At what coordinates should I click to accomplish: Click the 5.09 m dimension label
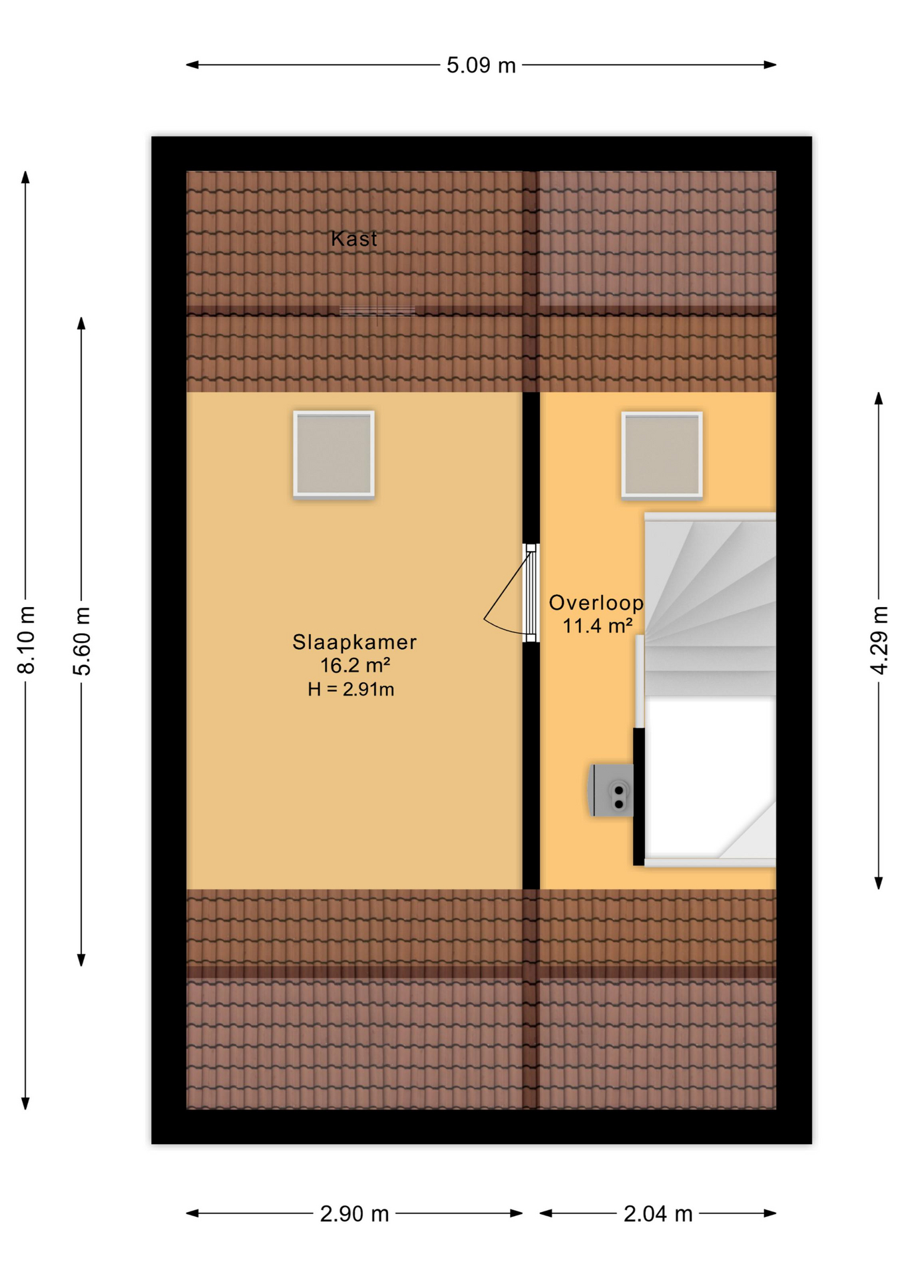(x=481, y=65)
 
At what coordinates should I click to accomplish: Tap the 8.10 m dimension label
(x=26, y=640)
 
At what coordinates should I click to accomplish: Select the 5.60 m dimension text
(x=81, y=641)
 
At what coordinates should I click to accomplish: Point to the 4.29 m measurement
(x=879, y=640)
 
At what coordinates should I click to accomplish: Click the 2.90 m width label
(x=354, y=1213)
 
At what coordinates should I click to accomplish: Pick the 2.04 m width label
(x=658, y=1213)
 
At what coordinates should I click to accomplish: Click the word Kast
(x=353, y=238)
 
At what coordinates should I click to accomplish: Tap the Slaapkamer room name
(x=354, y=642)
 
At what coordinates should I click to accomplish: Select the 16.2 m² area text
(x=355, y=665)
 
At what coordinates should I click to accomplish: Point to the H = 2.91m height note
(x=351, y=689)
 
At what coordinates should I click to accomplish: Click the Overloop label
(x=596, y=603)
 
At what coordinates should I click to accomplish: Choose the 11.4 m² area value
(x=597, y=626)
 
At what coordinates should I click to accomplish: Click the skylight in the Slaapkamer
(x=334, y=454)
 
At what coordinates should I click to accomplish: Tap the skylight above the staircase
(x=662, y=455)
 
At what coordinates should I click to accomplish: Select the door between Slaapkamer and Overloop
(x=531, y=592)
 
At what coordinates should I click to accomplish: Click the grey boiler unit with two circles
(x=611, y=790)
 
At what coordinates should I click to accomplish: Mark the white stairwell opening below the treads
(x=710, y=777)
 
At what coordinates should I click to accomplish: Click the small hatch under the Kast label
(x=377, y=311)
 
